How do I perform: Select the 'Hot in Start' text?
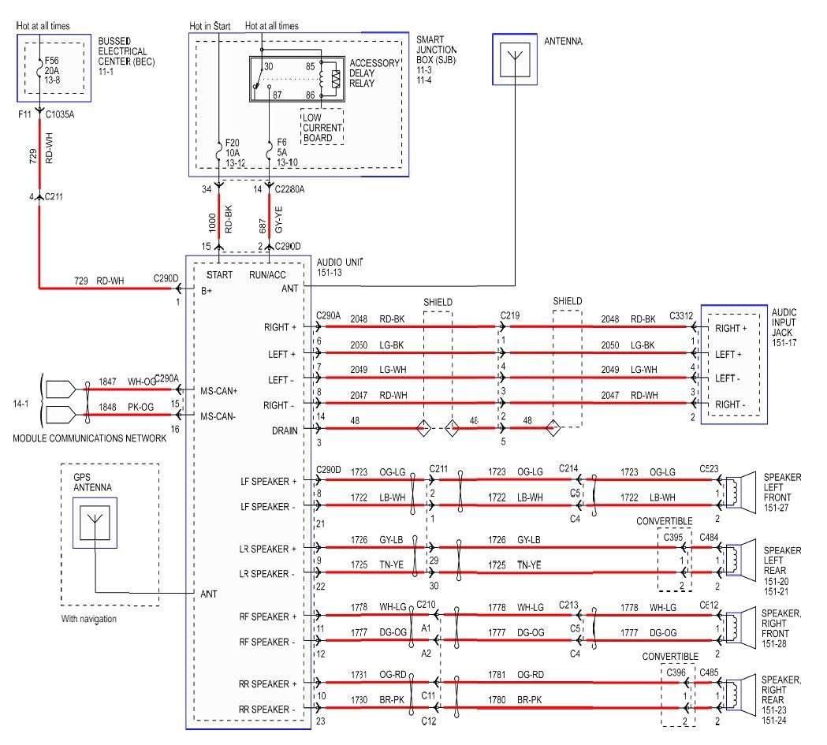click(x=210, y=26)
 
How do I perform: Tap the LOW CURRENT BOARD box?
click(x=322, y=127)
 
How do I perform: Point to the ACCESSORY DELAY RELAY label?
click(x=374, y=73)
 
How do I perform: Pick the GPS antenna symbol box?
click(x=95, y=523)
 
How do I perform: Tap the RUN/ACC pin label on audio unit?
click(x=268, y=275)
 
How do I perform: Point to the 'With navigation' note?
click(x=89, y=619)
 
